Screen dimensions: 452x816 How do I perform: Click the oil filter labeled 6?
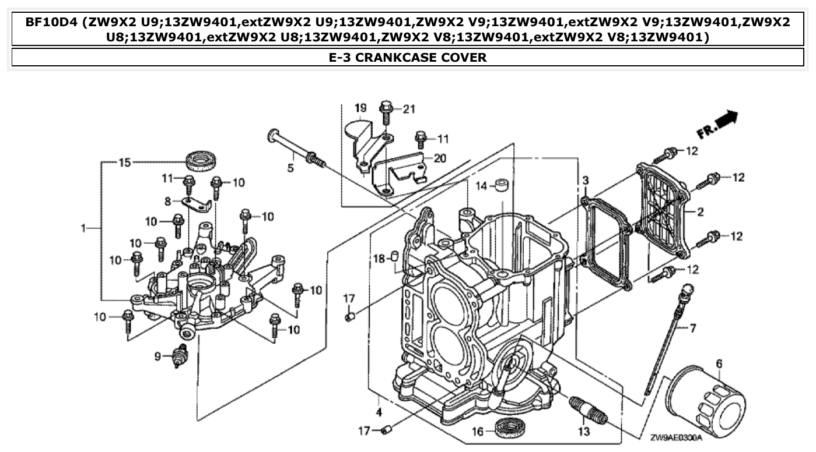[x=708, y=402]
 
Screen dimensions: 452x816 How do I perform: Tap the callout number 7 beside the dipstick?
[x=693, y=329]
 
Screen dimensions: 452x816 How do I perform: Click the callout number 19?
[x=360, y=108]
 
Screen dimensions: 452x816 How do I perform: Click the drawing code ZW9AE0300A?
[x=676, y=437]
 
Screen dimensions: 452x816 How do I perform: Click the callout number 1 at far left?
[x=84, y=228]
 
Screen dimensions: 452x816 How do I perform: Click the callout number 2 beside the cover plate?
[x=700, y=212]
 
